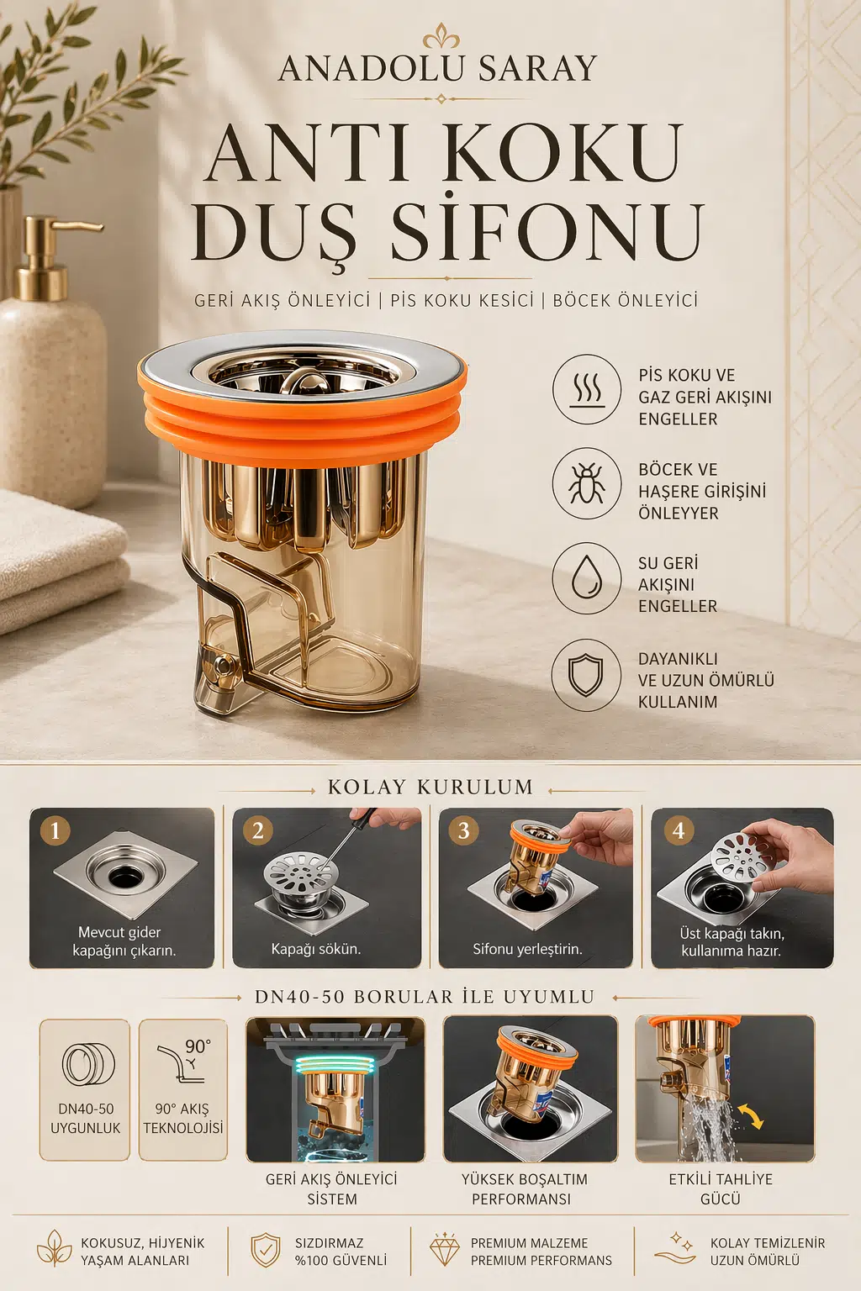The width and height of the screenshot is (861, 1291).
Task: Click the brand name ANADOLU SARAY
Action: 438,69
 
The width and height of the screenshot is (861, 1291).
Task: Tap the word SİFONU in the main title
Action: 547,229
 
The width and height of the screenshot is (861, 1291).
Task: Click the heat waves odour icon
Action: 587,390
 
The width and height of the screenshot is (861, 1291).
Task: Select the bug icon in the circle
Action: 587,483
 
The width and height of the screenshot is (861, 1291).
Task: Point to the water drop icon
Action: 587,578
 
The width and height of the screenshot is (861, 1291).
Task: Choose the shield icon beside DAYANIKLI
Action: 586,675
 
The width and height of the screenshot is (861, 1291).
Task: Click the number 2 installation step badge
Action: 258,831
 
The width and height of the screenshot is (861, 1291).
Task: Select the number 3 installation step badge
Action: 463,831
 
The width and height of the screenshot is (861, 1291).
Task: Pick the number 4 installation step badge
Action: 679,831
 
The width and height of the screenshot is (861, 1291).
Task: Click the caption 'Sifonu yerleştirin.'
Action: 528,949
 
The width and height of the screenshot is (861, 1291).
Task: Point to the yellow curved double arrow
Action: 751,1116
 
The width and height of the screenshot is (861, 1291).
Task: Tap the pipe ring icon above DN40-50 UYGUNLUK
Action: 88,1065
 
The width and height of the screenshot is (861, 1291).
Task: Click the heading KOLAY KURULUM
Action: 430,788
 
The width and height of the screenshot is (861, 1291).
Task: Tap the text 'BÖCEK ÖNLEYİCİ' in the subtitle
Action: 626,300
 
